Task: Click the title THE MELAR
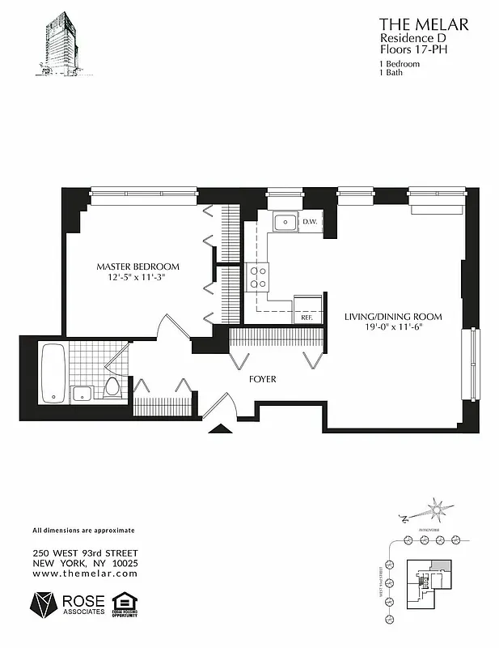click(x=423, y=23)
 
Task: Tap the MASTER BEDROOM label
click(x=137, y=266)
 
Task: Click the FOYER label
click(x=263, y=378)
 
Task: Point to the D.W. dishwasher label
click(x=310, y=221)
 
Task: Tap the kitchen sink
click(x=284, y=222)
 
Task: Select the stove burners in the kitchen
click(x=259, y=277)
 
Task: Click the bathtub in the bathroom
click(x=54, y=373)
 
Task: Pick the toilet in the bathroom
click(x=112, y=387)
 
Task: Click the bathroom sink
click(x=82, y=394)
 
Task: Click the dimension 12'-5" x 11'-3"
click(x=137, y=278)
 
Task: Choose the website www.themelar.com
click(x=85, y=573)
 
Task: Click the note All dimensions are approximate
click(x=83, y=531)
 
